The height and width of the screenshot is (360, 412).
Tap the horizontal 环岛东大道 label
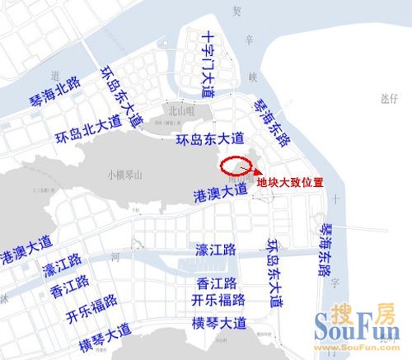[x=211, y=138]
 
